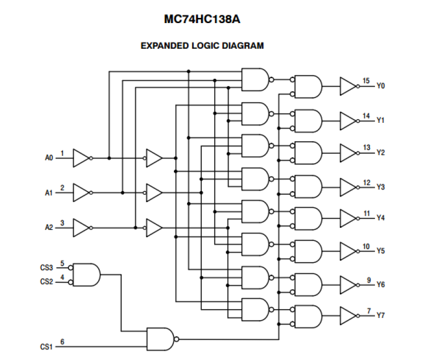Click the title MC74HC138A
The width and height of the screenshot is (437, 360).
click(x=202, y=20)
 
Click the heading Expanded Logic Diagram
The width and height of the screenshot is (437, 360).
click(x=202, y=46)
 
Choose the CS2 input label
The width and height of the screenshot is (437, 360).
click(x=47, y=281)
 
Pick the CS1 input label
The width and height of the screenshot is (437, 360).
click(x=47, y=346)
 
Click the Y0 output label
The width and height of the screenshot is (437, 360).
click(x=381, y=86)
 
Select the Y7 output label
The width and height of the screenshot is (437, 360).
click(x=381, y=316)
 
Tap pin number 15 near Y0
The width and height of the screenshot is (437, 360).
click(x=366, y=80)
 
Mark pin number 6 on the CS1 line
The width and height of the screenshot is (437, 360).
click(x=62, y=342)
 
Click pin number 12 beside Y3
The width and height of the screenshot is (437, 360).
click(x=366, y=182)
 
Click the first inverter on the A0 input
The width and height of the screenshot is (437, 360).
click(x=81, y=157)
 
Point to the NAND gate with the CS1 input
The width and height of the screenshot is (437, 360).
click(x=161, y=339)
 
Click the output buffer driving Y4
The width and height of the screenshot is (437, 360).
click(x=348, y=217)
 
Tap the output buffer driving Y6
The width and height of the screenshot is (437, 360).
click(x=348, y=284)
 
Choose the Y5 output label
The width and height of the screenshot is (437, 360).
click(x=381, y=251)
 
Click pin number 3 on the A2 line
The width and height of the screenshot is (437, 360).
click(x=62, y=223)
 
